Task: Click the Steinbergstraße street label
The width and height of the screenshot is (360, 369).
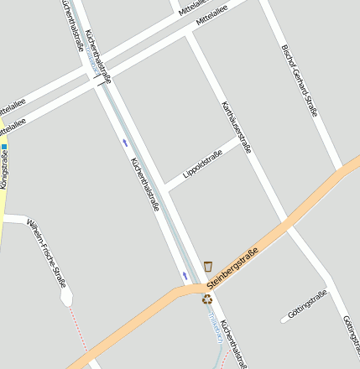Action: [232, 267]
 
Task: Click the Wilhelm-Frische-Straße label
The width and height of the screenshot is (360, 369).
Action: [47, 253]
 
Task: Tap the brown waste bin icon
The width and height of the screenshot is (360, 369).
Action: [208, 266]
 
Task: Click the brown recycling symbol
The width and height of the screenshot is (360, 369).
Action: [207, 299]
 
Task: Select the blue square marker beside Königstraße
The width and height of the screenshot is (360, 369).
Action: [4, 148]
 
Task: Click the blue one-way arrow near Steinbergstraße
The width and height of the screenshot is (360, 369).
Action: [185, 275]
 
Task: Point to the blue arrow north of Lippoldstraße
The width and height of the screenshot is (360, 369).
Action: [126, 143]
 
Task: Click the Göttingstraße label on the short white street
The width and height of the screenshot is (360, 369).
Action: [305, 304]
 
